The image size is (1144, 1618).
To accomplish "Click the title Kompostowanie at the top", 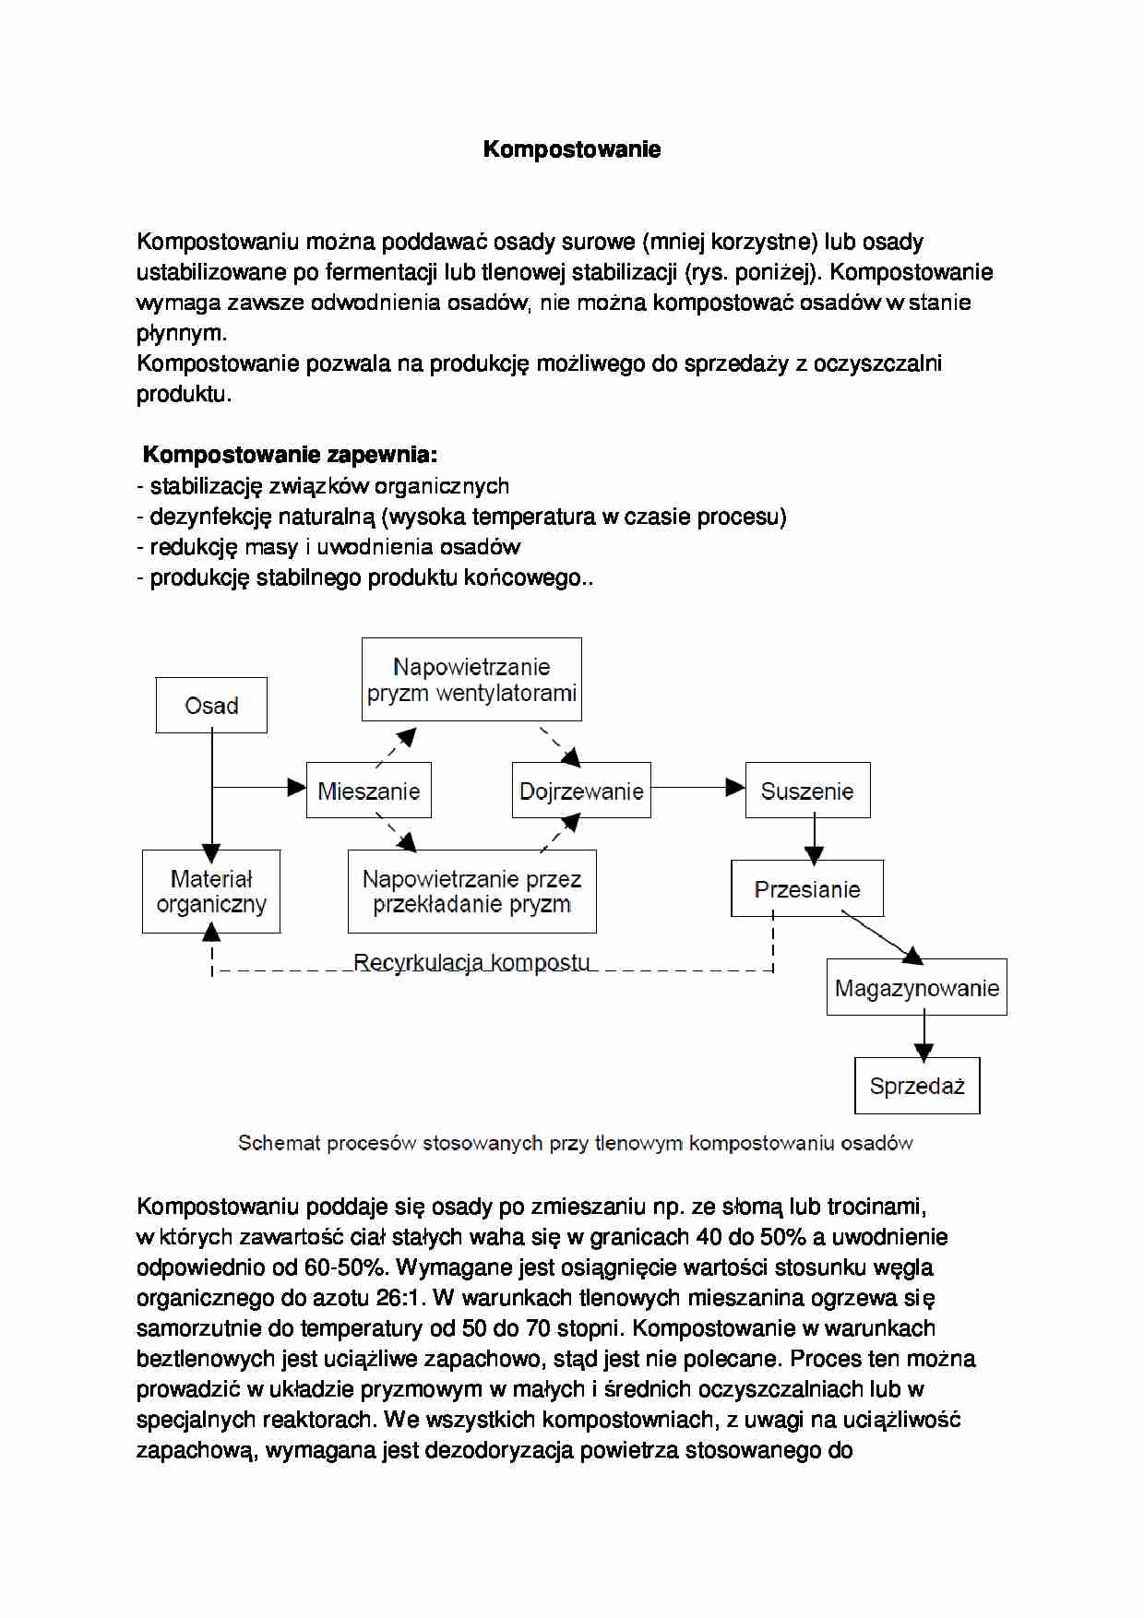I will pyautogui.click(x=571, y=149).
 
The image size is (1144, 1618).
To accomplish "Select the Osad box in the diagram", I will pyautogui.click(x=211, y=706).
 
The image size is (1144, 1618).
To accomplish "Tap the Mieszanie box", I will pyautogui.click(x=368, y=791).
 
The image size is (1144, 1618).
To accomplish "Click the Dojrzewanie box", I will pyautogui.click(x=581, y=791).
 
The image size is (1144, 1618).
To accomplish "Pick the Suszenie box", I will pyautogui.click(x=807, y=791).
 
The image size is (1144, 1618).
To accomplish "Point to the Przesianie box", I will pyautogui.click(x=807, y=889).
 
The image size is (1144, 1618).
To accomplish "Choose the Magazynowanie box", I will pyautogui.click(x=916, y=988).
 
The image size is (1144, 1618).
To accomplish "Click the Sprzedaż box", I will pyautogui.click(x=916, y=1086).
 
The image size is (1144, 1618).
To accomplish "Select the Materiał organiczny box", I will pyautogui.click(x=211, y=891).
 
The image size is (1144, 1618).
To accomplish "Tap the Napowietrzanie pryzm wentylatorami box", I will pyautogui.click(x=471, y=680).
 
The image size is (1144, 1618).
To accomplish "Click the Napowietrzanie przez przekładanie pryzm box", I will pyautogui.click(x=471, y=891).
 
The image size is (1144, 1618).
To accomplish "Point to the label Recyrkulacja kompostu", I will pyautogui.click(x=471, y=962).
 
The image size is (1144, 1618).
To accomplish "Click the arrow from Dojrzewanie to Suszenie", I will pyautogui.click(x=697, y=787).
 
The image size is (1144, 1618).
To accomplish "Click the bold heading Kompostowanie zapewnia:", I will pyautogui.click(x=290, y=455).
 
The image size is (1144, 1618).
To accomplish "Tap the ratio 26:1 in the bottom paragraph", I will pyautogui.click(x=400, y=1298).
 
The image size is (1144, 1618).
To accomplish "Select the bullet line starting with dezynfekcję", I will pyautogui.click(x=461, y=517).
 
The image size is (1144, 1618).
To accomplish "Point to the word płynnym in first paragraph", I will pyautogui.click(x=181, y=333).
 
